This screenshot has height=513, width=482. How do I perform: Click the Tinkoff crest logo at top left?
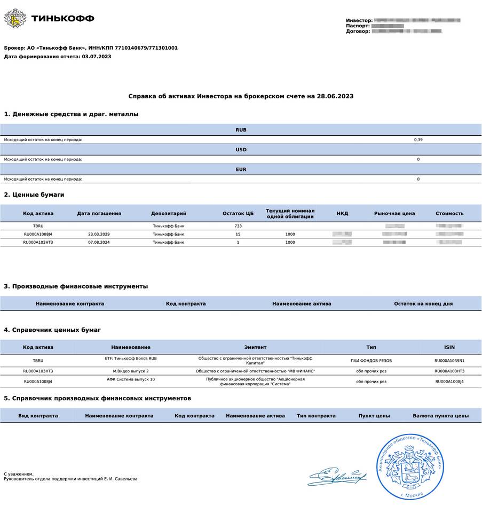click(15, 18)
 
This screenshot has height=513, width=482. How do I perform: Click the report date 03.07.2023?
click(97, 56)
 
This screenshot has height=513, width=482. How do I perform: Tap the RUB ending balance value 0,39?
click(418, 139)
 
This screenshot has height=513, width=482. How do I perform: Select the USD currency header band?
click(241, 150)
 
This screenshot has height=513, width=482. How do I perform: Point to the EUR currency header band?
click(241, 169)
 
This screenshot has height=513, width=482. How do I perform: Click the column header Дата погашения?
click(99, 213)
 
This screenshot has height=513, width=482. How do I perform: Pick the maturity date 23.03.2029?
click(99, 234)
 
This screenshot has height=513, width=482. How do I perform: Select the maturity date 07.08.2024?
click(99, 242)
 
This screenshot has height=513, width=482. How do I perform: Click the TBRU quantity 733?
click(238, 226)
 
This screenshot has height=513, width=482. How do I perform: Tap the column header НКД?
click(342, 213)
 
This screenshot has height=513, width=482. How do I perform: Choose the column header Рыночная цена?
click(394, 213)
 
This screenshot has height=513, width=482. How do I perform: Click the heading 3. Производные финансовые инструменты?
click(76, 286)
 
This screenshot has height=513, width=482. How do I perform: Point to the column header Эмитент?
click(255, 347)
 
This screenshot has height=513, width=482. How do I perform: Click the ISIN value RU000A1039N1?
click(449, 361)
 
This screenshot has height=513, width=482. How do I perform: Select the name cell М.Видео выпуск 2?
click(131, 371)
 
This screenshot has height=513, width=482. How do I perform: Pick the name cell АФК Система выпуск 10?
click(131, 379)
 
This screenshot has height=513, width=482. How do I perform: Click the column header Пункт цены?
click(374, 416)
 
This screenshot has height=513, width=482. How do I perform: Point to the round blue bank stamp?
click(410, 465)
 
